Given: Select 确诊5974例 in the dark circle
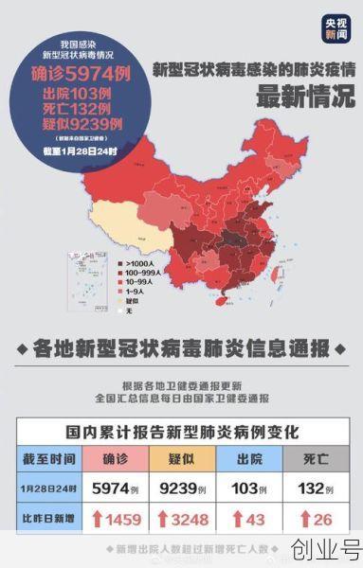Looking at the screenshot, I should [x=81, y=73].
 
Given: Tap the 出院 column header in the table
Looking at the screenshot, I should [x=250, y=457].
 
